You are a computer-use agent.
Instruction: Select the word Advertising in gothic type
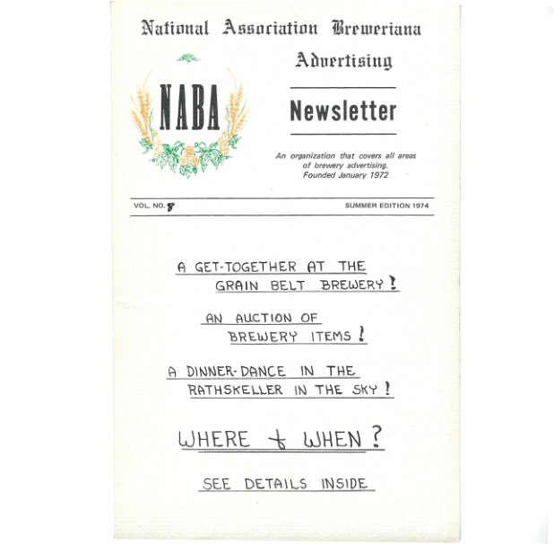tap(343, 60)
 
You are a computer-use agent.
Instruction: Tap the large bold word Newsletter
tap(342, 111)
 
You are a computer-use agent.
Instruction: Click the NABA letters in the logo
tap(189, 110)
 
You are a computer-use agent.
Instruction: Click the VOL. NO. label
tap(149, 206)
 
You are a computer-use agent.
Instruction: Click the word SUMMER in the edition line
tap(360, 206)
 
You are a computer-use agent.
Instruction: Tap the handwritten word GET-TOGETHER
tap(245, 267)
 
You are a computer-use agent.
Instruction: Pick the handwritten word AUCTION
tap(264, 318)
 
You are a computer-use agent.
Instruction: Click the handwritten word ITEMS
tap(331, 338)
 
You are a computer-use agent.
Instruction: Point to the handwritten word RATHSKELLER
tap(237, 390)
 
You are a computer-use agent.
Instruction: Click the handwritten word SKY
tap(362, 390)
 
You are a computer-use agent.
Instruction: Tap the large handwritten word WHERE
tap(214, 440)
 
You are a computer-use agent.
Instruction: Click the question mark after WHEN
tap(376, 437)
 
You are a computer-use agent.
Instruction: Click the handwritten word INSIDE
tap(343, 484)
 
